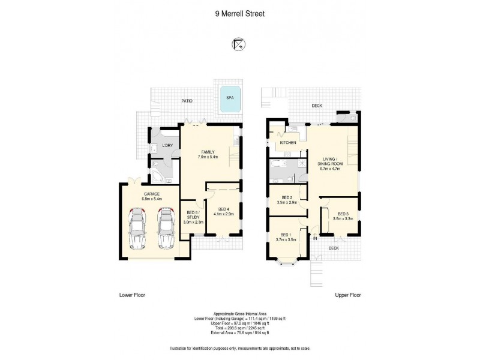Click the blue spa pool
[230, 103]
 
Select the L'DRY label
[168, 146]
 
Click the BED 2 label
[284, 200]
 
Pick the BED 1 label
[284, 237]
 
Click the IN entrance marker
[314, 239]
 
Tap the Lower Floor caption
[133, 295]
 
